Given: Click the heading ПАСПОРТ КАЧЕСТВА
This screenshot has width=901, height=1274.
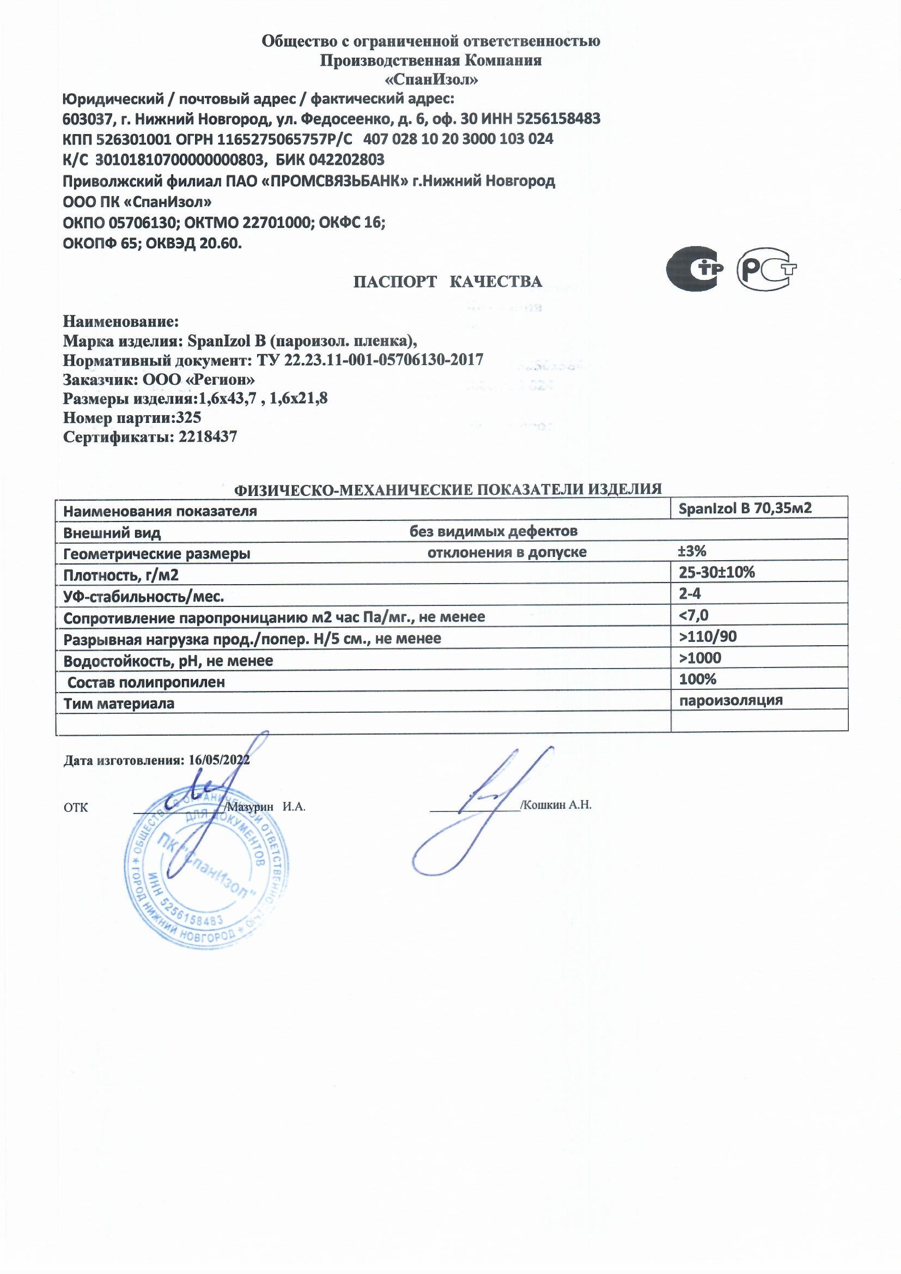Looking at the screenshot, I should pos(448,282).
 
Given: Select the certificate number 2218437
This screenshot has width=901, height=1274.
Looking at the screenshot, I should pos(208,437).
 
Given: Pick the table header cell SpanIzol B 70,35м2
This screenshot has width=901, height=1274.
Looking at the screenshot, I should pos(745,508).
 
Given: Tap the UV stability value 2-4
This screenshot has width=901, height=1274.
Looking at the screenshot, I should pos(690,593).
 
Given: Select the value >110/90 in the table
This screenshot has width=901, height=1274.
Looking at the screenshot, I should pos(708,636).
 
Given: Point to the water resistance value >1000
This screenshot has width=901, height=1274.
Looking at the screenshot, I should pos(700,658).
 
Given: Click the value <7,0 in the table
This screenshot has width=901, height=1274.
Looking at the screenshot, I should pos(693,615).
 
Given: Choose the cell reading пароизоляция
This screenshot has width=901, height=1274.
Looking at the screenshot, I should pos(730,700).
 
